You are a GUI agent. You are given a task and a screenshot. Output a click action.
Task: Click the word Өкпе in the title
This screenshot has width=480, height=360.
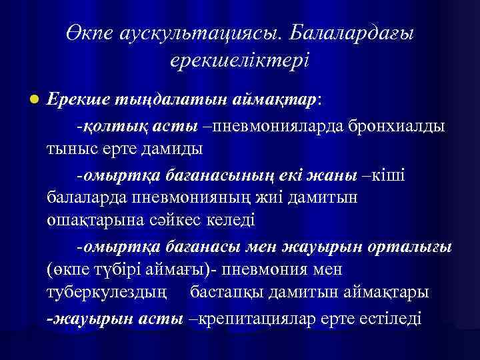(x=87, y=33)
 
